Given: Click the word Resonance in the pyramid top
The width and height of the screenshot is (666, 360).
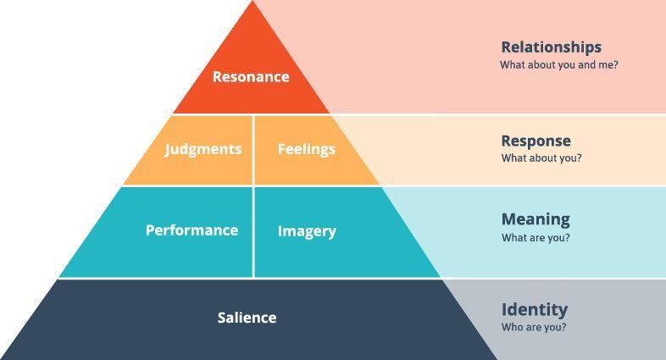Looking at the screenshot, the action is pos(251,77).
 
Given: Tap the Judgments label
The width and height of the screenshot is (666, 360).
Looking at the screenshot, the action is pos(203,149).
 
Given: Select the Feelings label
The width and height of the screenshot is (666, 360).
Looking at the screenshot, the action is pos(306,149).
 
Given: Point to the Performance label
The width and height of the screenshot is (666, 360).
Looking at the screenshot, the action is pos(191,230).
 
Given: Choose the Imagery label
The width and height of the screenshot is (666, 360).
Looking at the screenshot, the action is pos(307,231).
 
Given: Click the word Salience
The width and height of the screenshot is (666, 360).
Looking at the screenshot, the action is pos(247,318).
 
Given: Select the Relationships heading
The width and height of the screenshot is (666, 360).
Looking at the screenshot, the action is pos(552,47).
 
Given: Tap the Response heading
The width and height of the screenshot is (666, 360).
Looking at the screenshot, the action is pos(536,141).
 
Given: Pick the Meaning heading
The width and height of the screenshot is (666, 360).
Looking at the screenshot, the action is pos(536,219).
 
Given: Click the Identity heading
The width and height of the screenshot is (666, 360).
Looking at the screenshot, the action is pos(535,309).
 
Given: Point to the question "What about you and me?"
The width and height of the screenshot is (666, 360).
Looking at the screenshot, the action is pos(559,65).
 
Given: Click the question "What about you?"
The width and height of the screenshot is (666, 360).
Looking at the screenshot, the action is pos(541,158).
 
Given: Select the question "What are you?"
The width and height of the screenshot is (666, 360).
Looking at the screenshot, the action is pos(536,238).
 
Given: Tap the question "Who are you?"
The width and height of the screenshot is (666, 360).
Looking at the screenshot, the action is pos(534,327).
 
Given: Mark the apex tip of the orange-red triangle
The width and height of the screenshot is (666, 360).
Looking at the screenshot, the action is pos(253,1).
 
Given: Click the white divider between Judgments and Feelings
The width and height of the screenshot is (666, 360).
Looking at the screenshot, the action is pos(253,150).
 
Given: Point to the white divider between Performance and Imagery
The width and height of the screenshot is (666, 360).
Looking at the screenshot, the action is pos(253,232).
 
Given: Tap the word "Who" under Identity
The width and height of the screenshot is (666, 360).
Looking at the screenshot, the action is pos(512,327).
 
